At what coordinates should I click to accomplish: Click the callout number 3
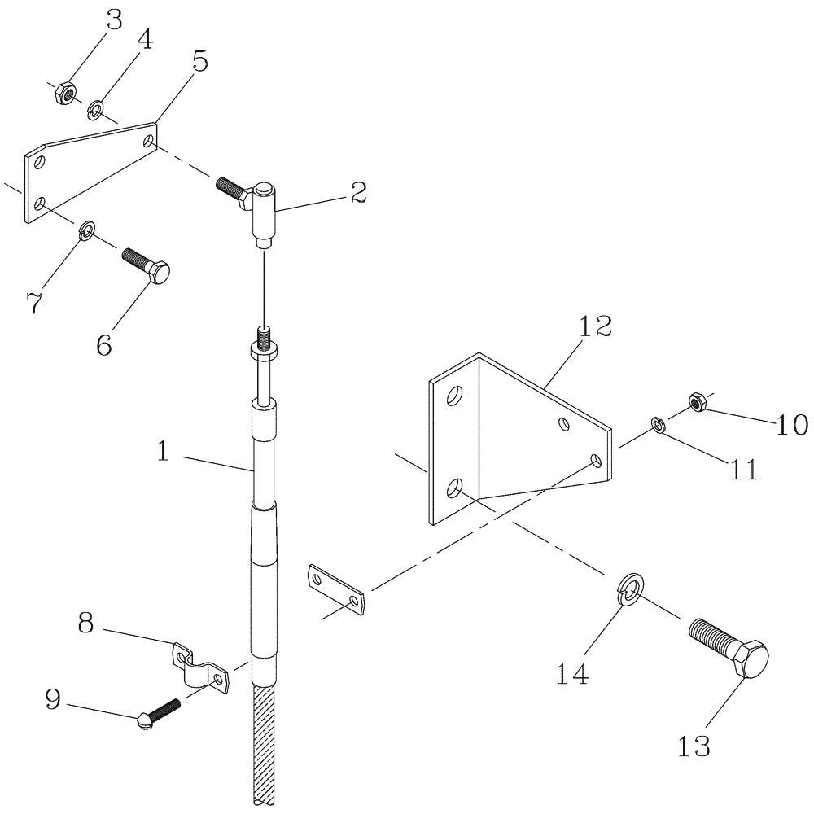(114, 20)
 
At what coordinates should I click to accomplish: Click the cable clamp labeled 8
(197, 666)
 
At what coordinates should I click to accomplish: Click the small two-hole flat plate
(335, 590)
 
